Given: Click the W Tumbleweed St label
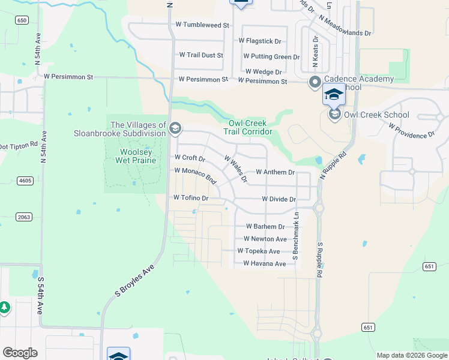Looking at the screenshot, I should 202,25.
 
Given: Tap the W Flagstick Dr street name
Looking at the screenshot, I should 260,41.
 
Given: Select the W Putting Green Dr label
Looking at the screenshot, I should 271,57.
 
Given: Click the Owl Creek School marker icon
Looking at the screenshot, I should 334,115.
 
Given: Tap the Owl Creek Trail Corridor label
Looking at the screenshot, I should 248,127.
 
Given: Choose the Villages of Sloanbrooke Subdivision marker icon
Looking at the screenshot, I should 175,128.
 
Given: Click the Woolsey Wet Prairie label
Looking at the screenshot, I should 130,156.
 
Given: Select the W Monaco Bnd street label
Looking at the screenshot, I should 195,175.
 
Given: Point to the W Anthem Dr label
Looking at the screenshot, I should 275,172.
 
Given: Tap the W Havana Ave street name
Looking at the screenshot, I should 264,264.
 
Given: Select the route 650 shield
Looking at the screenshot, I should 22,20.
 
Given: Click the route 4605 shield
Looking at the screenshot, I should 25,180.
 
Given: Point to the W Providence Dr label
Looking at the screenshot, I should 411,131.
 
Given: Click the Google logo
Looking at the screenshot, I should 20,353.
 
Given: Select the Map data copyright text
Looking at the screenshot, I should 412,355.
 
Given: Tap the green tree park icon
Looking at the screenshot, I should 4,307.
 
